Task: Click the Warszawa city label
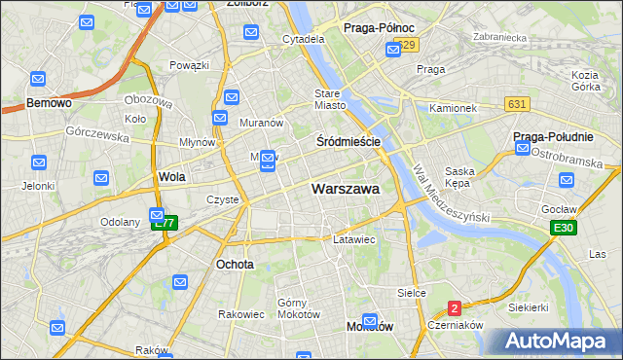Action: click(345, 189)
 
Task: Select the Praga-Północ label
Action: click(380, 28)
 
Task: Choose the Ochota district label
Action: click(235, 264)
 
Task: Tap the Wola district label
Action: click(171, 177)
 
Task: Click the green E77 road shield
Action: click(165, 223)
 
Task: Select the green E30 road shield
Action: click(562, 228)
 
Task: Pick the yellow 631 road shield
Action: click(517, 103)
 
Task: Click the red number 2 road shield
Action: click(455, 308)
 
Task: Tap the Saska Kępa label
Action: click(458, 177)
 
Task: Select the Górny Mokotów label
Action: click(299, 307)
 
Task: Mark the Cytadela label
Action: click(303, 40)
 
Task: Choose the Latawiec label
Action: click(354, 238)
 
